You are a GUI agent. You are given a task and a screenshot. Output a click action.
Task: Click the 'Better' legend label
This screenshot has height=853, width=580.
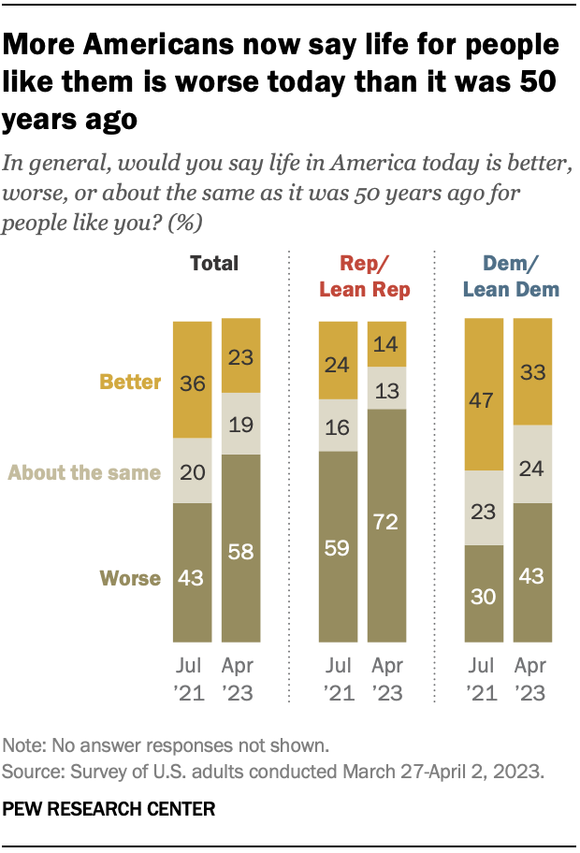pos(130,382)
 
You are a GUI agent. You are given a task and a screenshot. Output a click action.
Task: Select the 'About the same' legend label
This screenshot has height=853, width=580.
pos(84,472)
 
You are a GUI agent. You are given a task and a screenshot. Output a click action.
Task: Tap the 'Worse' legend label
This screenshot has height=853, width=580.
pos(131,578)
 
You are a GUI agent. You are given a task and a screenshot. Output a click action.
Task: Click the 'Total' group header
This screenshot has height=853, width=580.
pos(214,263)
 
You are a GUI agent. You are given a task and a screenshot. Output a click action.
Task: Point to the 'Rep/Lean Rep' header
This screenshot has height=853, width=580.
pos(365,276)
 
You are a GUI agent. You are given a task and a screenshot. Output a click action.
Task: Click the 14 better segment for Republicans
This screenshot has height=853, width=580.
pos(386,342)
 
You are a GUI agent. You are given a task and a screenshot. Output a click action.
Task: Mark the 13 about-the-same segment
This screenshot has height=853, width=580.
pos(386,387)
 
